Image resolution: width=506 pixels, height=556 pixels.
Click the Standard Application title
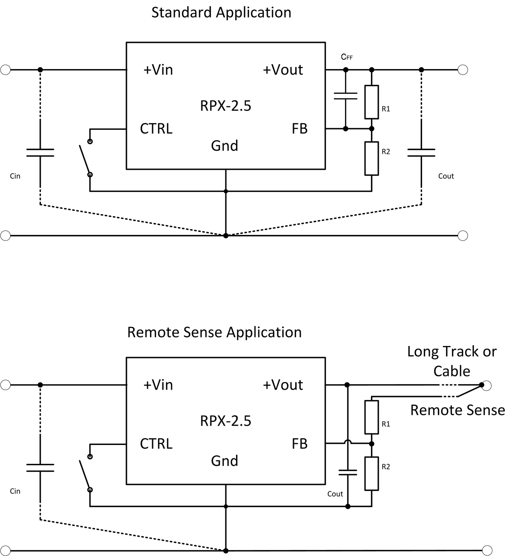[x=221, y=13]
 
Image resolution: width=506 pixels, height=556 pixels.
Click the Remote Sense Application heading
[x=214, y=332]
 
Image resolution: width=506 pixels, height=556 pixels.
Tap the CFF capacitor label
[x=347, y=57]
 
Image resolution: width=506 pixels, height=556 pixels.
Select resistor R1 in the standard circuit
[x=371, y=102]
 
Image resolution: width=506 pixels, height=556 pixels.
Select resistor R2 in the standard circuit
[x=371, y=159]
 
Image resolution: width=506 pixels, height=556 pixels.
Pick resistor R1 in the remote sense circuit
[x=371, y=417]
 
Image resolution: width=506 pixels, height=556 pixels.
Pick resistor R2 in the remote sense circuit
[x=371, y=474]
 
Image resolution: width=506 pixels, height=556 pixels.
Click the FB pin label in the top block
[x=299, y=129]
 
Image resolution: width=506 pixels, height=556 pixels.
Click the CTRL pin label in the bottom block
[x=156, y=444]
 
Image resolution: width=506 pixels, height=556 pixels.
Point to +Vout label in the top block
[x=283, y=69]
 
